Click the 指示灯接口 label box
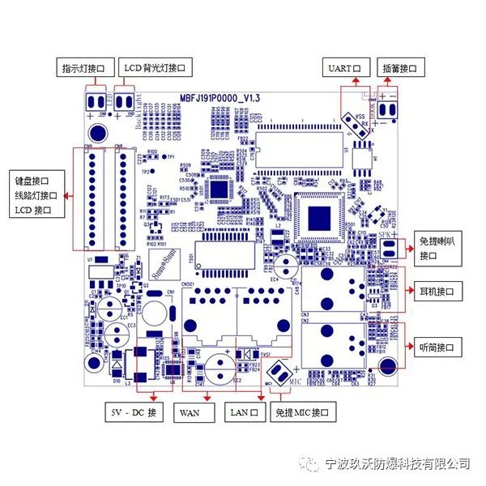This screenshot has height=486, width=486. click(84, 68)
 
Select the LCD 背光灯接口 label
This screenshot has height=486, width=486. click(156, 68)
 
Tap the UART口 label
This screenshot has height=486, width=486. click(347, 68)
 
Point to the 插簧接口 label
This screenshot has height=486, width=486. click(400, 68)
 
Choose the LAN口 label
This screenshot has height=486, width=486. click(243, 412)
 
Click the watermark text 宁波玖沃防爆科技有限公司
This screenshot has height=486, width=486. click(396, 463)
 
